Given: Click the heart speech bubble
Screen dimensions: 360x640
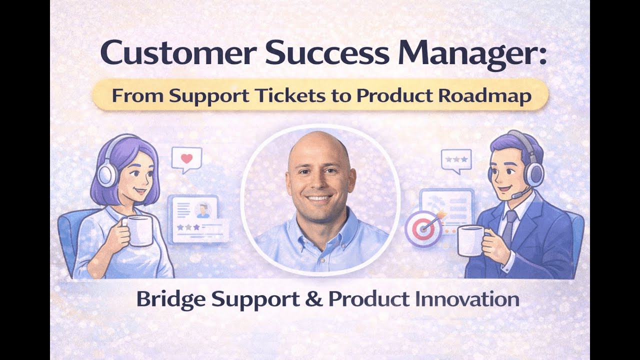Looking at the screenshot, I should (x=186, y=159).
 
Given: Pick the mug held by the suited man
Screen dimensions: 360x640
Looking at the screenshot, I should (x=470, y=240).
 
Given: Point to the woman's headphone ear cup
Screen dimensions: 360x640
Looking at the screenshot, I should (x=107, y=174).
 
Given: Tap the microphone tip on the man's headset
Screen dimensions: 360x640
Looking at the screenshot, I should (x=514, y=196).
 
